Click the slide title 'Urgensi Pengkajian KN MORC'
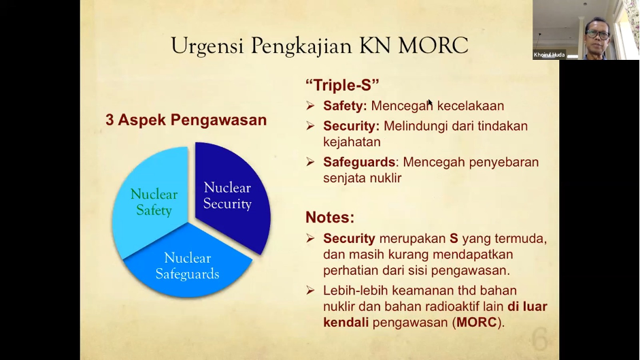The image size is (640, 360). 320,46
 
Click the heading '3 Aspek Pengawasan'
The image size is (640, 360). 186,120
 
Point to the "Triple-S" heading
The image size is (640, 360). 342,85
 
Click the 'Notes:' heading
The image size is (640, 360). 330,217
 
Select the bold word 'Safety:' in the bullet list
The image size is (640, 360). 345,106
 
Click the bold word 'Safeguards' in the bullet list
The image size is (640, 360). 359,162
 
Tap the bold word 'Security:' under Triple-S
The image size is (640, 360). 351,126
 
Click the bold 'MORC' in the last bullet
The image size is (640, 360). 476,322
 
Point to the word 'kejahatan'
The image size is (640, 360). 352,142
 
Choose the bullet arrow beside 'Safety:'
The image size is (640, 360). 310,106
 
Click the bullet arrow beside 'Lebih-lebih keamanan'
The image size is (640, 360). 310,291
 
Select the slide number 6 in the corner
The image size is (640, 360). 539,339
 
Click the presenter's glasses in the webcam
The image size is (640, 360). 598,35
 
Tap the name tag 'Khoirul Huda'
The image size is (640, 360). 549,54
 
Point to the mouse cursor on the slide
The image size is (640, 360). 431,103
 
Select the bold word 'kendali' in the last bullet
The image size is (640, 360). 346,322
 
